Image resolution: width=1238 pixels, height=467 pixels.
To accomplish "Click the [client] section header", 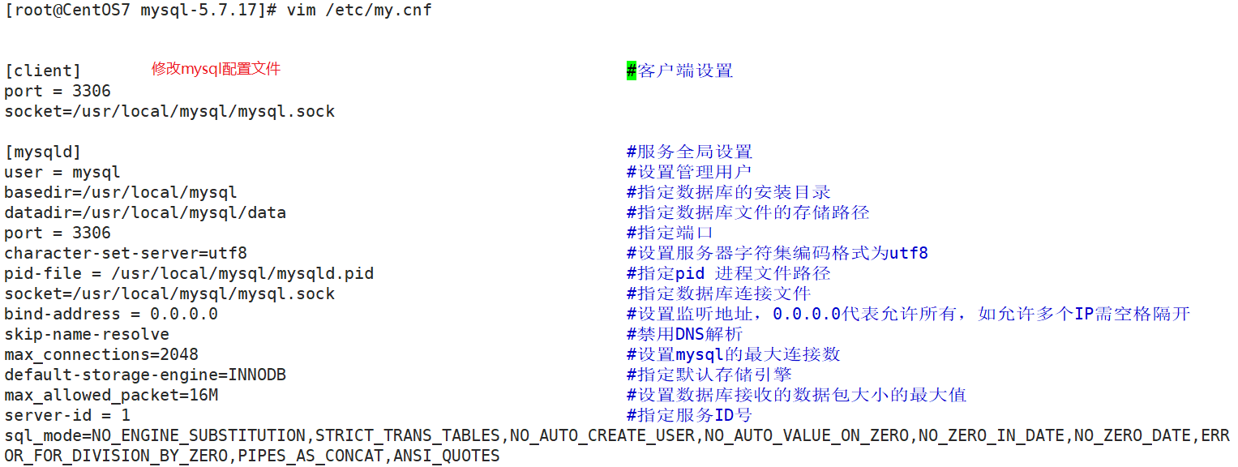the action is pyautogui.click(x=43, y=71).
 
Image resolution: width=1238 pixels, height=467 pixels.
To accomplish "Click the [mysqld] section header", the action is pyautogui.click(x=43, y=152).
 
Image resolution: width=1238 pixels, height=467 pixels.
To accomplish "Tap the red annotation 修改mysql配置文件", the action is pyautogui.click(x=216, y=69).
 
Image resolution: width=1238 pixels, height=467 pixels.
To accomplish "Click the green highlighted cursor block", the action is pyautogui.click(x=632, y=71).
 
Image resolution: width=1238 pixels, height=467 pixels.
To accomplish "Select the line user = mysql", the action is pyautogui.click(x=62, y=172).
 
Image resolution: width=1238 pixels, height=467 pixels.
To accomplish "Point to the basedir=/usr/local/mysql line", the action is pyautogui.click(x=121, y=192).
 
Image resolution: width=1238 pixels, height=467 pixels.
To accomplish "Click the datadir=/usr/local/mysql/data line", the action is pyautogui.click(x=145, y=212).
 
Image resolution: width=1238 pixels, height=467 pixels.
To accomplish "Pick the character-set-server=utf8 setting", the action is pyautogui.click(x=126, y=253).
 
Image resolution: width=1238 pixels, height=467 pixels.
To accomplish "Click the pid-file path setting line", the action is pyautogui.click(x=189, y=273).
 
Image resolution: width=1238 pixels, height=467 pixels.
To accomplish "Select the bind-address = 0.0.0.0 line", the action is pyautogui.click(x=111, y=314).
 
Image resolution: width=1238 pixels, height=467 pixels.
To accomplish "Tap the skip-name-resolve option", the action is pyautogui.click(x=87, y=334).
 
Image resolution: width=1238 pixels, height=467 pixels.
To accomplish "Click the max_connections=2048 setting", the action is pyautogui.click(x=101, y=354).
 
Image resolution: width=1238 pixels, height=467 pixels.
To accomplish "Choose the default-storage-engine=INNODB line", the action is pyautogui.click(x=145, y=375).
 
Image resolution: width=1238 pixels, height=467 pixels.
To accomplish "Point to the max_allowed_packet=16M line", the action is pyautogui.click(x=111, y=395).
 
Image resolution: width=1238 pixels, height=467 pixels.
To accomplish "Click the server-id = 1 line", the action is pyautogui.click(x=67, y=415).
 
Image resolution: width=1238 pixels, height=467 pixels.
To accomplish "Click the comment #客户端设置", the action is pyautogui.click(x=679, y=71).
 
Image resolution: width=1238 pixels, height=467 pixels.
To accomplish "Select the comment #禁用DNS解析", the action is pyautogui.click(x=684, y=334).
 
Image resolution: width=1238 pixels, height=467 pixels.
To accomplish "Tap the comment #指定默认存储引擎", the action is pyautogui.click(x=709, y=375).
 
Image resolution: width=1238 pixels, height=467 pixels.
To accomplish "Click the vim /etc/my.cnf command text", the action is pyautogui.click(x=359, y=11).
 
